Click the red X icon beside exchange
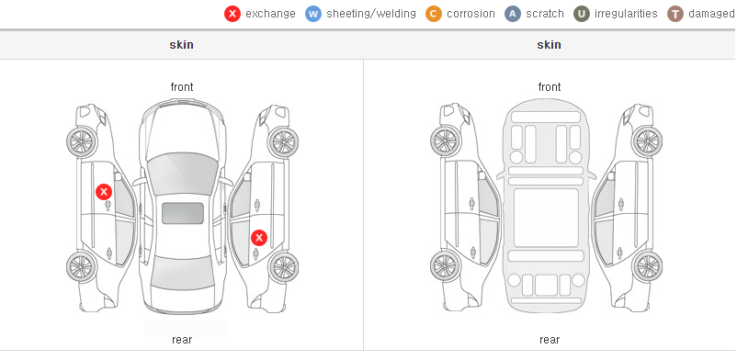232,14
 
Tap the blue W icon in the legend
313,14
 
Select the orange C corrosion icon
434,14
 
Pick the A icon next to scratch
513,14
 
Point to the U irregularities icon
582,14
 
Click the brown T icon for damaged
675,14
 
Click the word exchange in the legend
270,14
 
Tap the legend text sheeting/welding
371,14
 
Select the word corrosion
471,14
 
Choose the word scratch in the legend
545,14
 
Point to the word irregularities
626,14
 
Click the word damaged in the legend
711,14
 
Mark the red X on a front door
104,192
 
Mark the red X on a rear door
259,238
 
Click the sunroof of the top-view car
183,213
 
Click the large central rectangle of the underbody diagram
546,218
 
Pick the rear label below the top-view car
182,340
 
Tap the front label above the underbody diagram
550,87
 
